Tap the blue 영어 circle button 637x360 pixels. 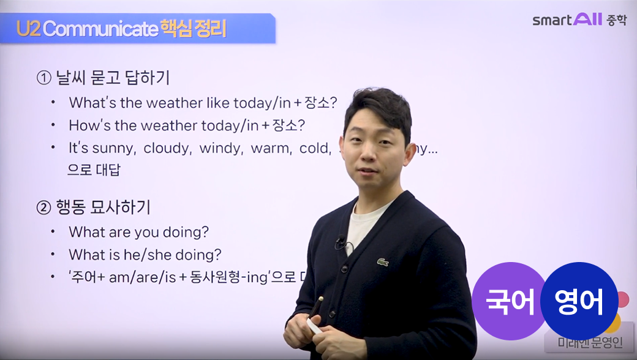pyautogui.click(x=578, y=301)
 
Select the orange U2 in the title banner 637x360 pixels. pyautogui.click(x=29, y=29)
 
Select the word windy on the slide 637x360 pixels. pyautogui.click(x=221, y=148)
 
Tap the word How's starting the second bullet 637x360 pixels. pyautogui.click(x=89, y=126)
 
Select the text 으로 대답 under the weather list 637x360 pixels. pyautogui.click(x=94, y=170)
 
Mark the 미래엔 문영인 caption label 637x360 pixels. pyautogui.click(x=589, y=343)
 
